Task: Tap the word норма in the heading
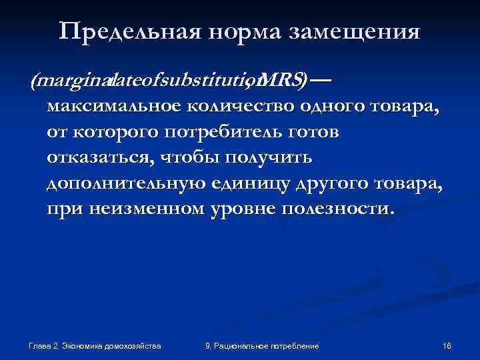pos(228,31)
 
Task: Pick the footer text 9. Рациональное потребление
pos(262,346)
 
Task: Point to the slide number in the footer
pos(447,346)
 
